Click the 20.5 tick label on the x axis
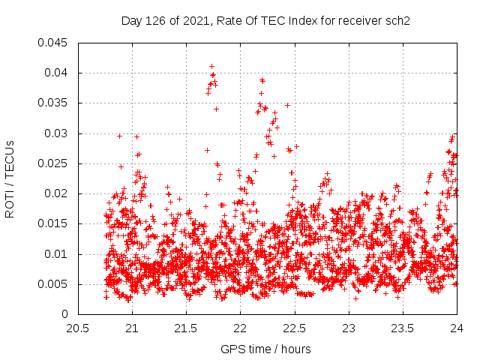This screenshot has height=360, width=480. (x=78, y=328)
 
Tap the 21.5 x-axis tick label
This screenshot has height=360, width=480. (x=186, y=328)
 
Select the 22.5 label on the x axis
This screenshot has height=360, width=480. (x=295, y=328)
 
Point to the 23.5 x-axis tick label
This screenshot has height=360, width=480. (x=403, y=328)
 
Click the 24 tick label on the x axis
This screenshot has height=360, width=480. (x=457, y=328)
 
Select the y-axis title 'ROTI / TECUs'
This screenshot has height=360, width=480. (x=10, y=178)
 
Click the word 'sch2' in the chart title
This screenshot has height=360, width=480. (x=402, y=20)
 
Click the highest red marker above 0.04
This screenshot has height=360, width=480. (x=211, y=66)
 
